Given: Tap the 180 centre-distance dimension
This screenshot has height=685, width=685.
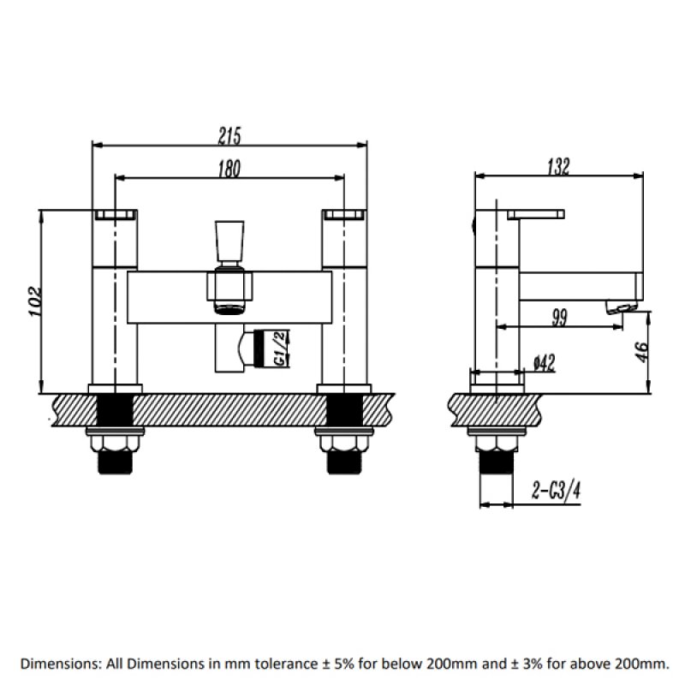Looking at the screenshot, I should click(x=229, y=169).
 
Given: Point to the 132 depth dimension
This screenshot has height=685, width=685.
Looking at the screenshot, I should click(x=557, y=167).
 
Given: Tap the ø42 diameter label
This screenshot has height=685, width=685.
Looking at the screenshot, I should click(x=545, y=363).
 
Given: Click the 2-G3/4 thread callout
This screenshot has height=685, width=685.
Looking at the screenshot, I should click(x=557, y=491).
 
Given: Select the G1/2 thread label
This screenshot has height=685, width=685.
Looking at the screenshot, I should click(x=279, y=350).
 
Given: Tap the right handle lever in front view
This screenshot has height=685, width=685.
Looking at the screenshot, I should click(x=344, y=213).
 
